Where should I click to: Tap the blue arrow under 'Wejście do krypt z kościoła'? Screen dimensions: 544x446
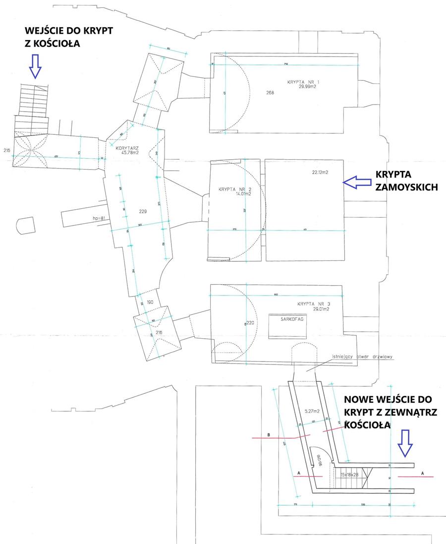point(34,66)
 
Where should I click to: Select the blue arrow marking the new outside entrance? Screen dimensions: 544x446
point(405,443)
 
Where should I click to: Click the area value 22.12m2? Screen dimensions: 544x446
point(321,172)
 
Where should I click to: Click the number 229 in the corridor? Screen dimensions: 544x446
point(143,212)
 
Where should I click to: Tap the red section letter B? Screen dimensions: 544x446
point(268,435)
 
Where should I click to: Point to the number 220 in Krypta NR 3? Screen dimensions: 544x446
point(250,323)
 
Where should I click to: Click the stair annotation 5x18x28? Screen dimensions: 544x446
point(350,475)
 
